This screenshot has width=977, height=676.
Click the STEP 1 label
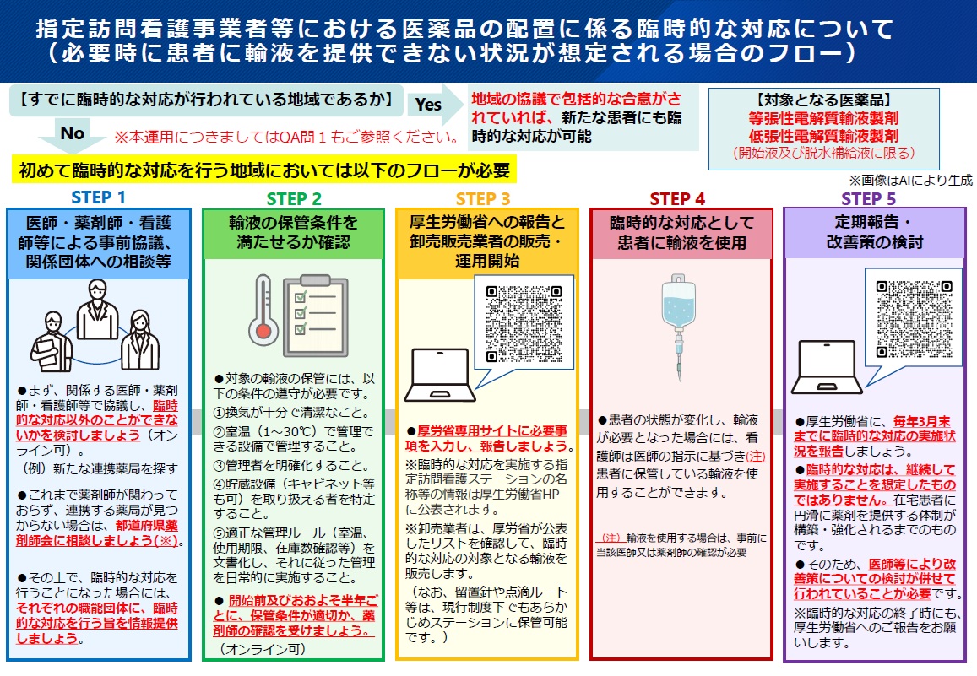(99, 197)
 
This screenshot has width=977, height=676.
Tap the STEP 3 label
(483, 198)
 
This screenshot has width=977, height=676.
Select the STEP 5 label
(869, 198)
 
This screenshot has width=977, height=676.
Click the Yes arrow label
(428, 105)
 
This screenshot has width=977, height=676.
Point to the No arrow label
(73, 132)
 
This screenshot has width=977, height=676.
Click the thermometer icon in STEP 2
(263, 311)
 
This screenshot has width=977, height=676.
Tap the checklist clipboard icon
(315, 316)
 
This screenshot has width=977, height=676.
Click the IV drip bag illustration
(679, 324)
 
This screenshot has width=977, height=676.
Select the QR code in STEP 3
(524, 324)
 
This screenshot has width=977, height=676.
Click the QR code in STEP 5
(914, 319)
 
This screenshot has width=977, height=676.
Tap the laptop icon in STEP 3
(440, 376)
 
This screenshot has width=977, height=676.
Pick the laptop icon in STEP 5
(827, 368)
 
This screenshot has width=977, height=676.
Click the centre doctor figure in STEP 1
(97, 310)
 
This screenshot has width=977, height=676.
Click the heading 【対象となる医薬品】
(823, 100)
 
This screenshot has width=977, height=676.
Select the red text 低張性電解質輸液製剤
(823, 136)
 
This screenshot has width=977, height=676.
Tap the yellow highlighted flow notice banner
(265, 170)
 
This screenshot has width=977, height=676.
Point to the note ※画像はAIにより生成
(910, 181)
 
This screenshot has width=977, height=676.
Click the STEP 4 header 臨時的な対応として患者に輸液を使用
(681, 233)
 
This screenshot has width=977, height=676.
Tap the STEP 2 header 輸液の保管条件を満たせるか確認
(294, 232)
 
